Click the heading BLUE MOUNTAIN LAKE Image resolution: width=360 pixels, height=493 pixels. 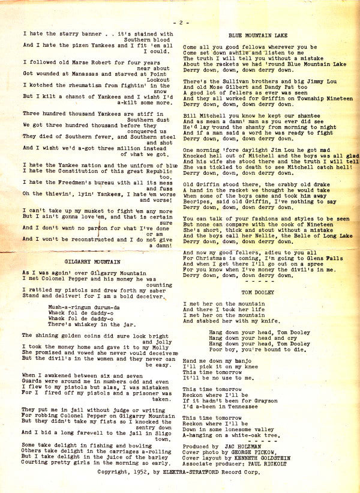coord(257,36)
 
